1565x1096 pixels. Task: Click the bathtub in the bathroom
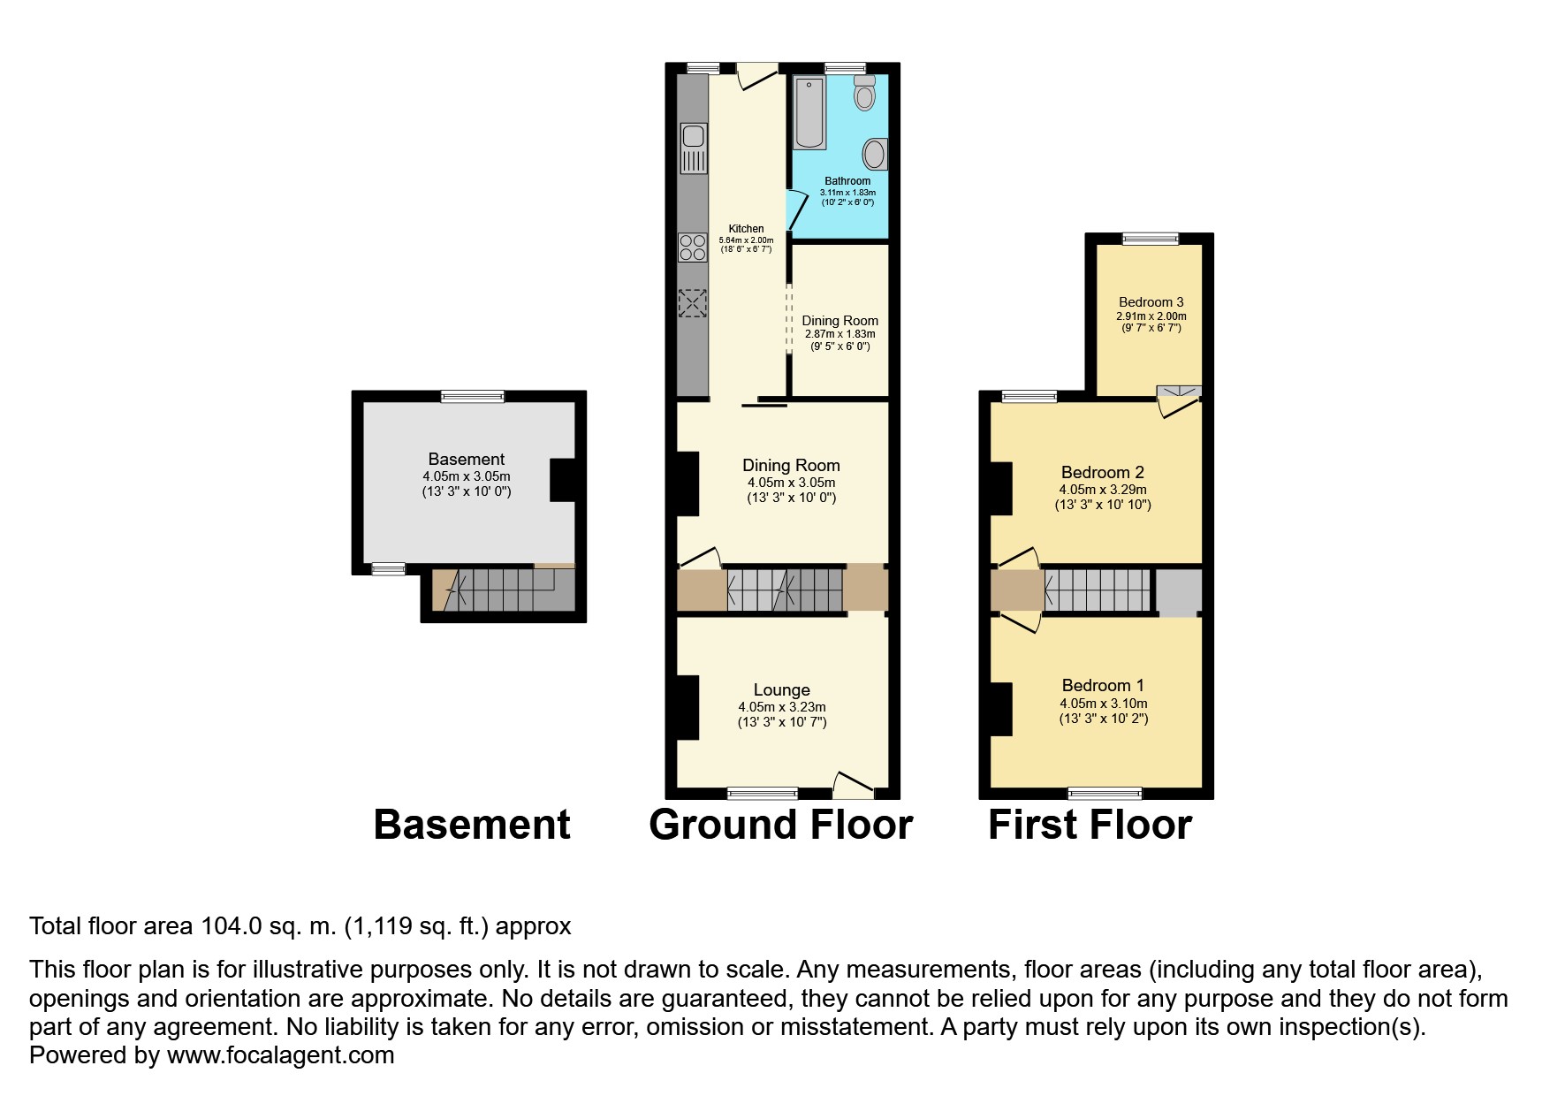coord(810,113)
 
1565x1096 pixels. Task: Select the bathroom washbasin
coord(876,154)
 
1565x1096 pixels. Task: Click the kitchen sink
coord(693,147)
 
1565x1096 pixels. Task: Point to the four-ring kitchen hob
coord(693,247)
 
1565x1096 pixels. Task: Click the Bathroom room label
coord(847,181)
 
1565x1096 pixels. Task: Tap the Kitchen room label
coord(746,229)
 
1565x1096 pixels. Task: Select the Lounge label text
coord(782,690)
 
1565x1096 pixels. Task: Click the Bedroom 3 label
coord(1151,302)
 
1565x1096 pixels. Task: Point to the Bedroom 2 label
coord(1103,472)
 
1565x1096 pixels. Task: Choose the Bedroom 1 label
coord(1103,686)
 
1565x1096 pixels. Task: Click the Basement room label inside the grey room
coord(467,459)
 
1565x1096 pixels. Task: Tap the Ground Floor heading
coord(780,825)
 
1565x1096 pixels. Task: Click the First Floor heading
coord(1090,825)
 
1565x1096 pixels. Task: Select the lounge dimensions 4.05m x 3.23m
coord(782,707)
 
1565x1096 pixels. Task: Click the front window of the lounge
coord(763,793)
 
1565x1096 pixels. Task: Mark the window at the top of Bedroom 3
coord(1151,239)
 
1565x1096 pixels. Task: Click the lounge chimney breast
coord(688,707)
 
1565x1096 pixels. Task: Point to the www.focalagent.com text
coord(280,1055)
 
